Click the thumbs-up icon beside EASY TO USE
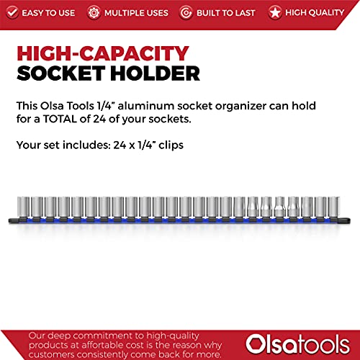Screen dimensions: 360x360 (x=13, y=12)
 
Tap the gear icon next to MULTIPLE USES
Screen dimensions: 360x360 (x=94, y=12)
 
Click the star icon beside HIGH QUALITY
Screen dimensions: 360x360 (x=274, y=12)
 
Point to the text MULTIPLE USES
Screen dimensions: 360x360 (x=138, y=12)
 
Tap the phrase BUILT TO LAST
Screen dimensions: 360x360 (x=226, y=12)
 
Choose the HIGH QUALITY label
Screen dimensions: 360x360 (x=315, y=12)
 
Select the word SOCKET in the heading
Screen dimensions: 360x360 (x=62, y=73)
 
